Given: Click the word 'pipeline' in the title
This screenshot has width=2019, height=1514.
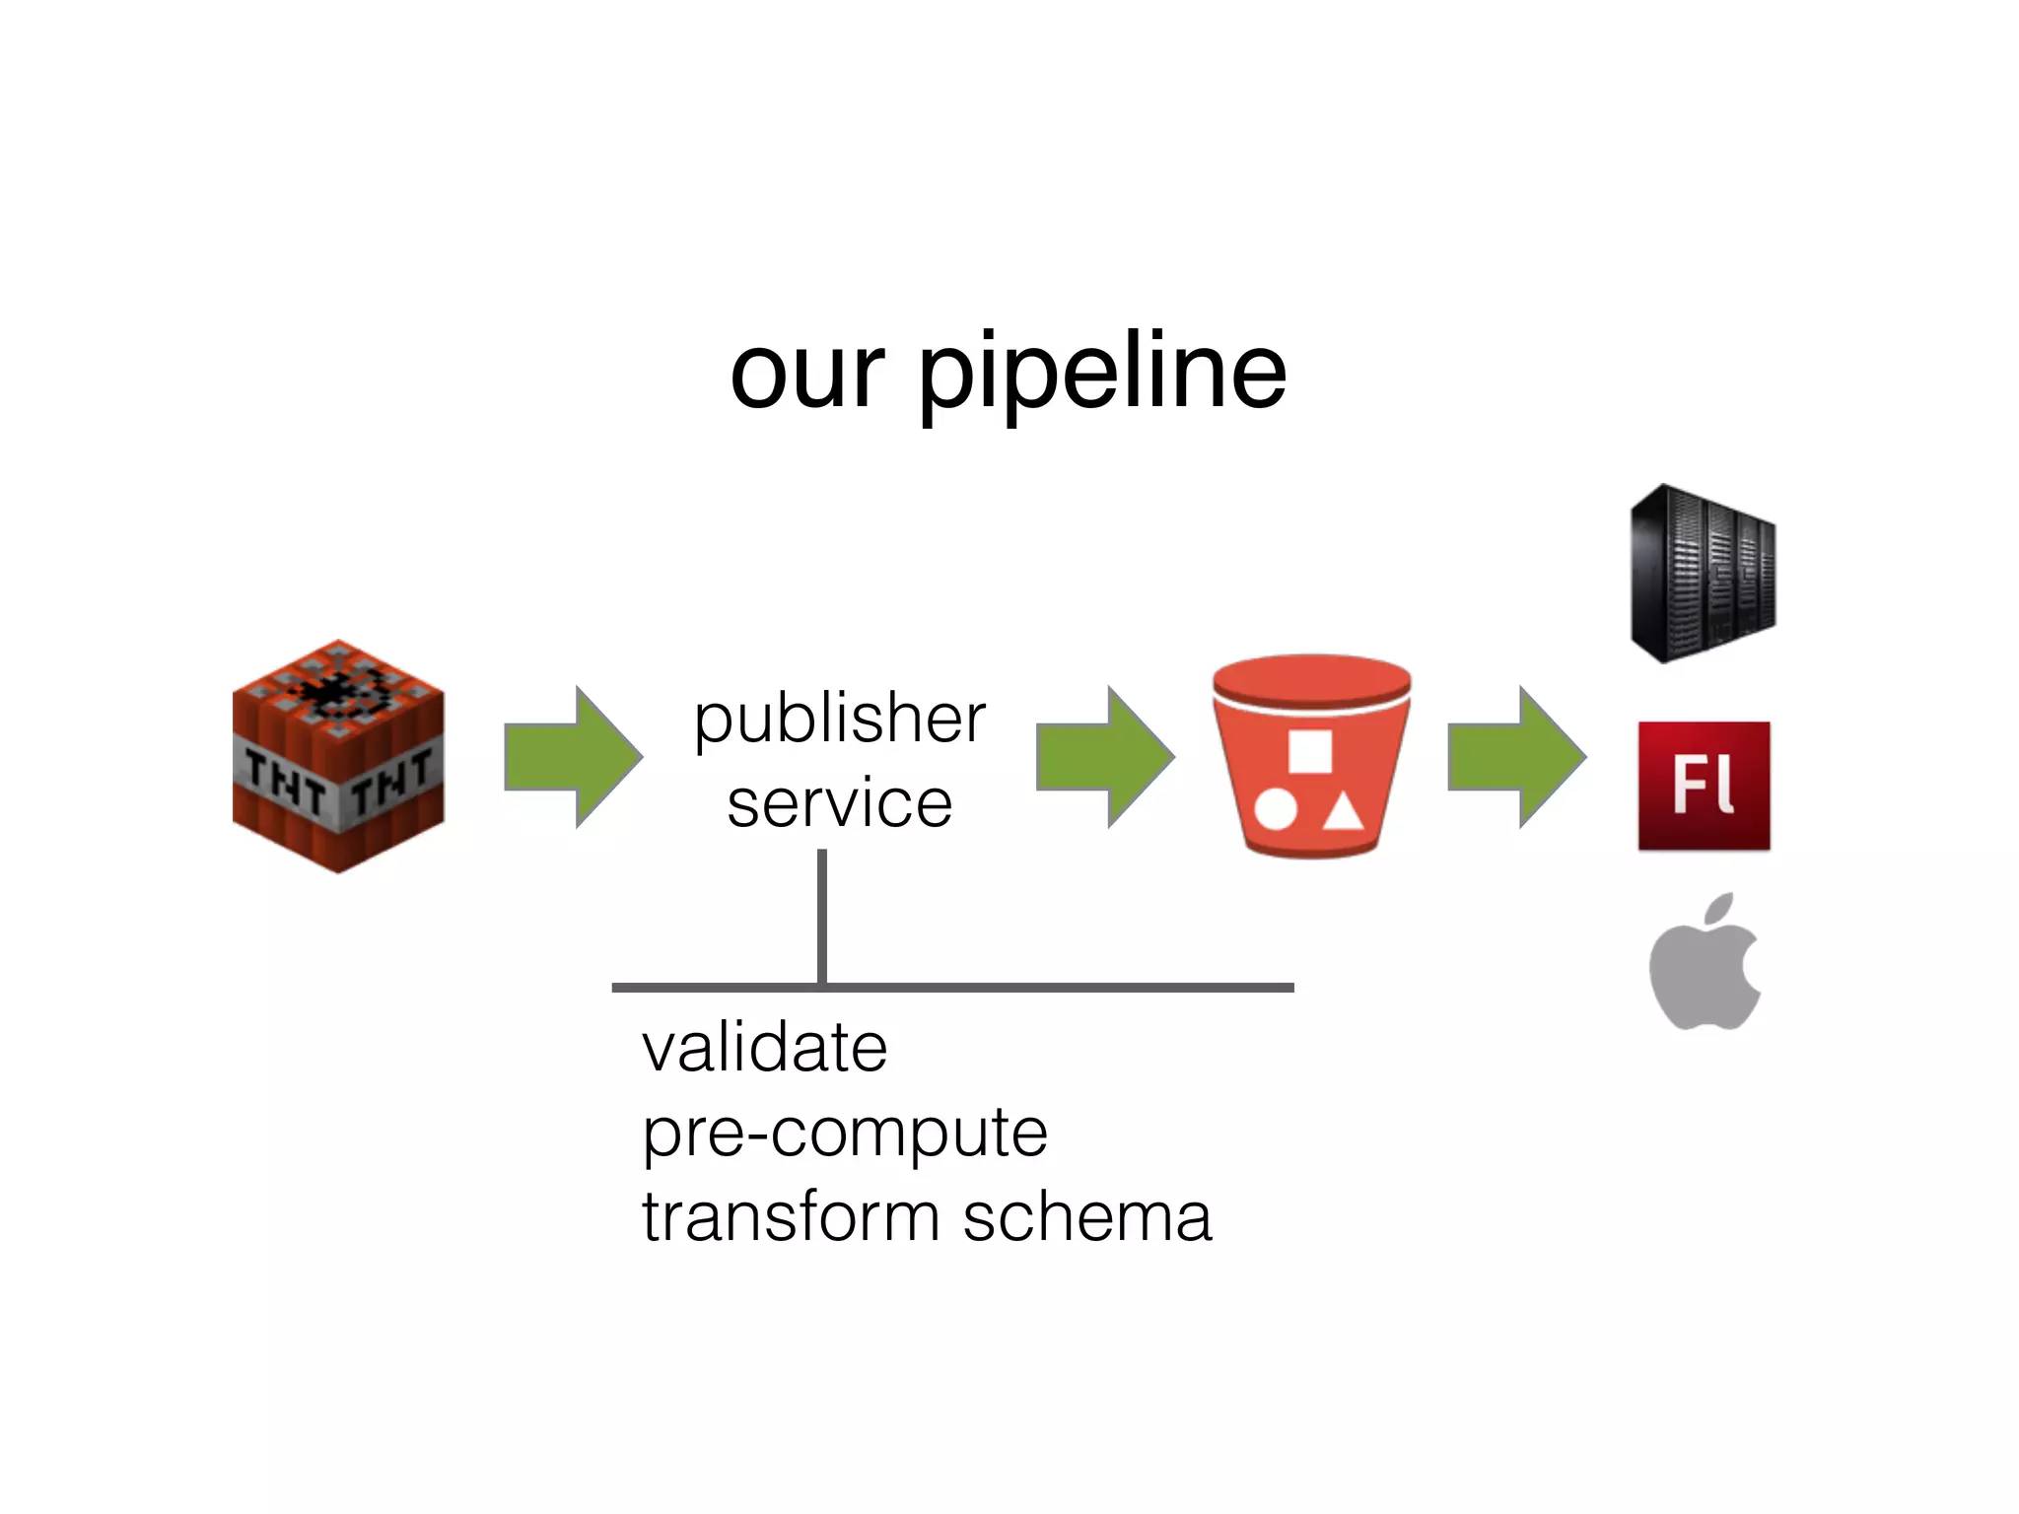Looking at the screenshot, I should coord(1102,376).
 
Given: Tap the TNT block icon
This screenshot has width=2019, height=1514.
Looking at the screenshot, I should coord(338,757).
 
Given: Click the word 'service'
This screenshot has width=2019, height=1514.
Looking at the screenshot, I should coord(839,802).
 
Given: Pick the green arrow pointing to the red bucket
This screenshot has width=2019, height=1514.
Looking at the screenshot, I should coord(1105,757).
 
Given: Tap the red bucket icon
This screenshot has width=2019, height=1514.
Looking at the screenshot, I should coord(1311,757).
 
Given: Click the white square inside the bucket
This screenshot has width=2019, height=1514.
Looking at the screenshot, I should coord(1310,752).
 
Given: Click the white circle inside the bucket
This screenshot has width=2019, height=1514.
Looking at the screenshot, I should coord(1275,810).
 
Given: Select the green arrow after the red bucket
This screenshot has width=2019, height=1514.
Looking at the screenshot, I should coord(1517,757).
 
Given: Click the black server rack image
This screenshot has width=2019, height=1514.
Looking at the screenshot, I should coord(1702,574).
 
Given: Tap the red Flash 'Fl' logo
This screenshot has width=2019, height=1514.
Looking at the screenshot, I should coord(1704,786).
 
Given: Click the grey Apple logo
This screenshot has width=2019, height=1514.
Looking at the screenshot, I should coord(1706,964).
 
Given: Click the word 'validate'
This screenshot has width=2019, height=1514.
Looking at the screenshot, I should coord(764,1047).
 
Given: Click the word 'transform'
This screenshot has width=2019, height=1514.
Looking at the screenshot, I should coord(791,1216).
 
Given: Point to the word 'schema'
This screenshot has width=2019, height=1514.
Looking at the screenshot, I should coord(1086,1216).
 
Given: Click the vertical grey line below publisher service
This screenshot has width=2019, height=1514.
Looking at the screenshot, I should coord(822,917).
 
